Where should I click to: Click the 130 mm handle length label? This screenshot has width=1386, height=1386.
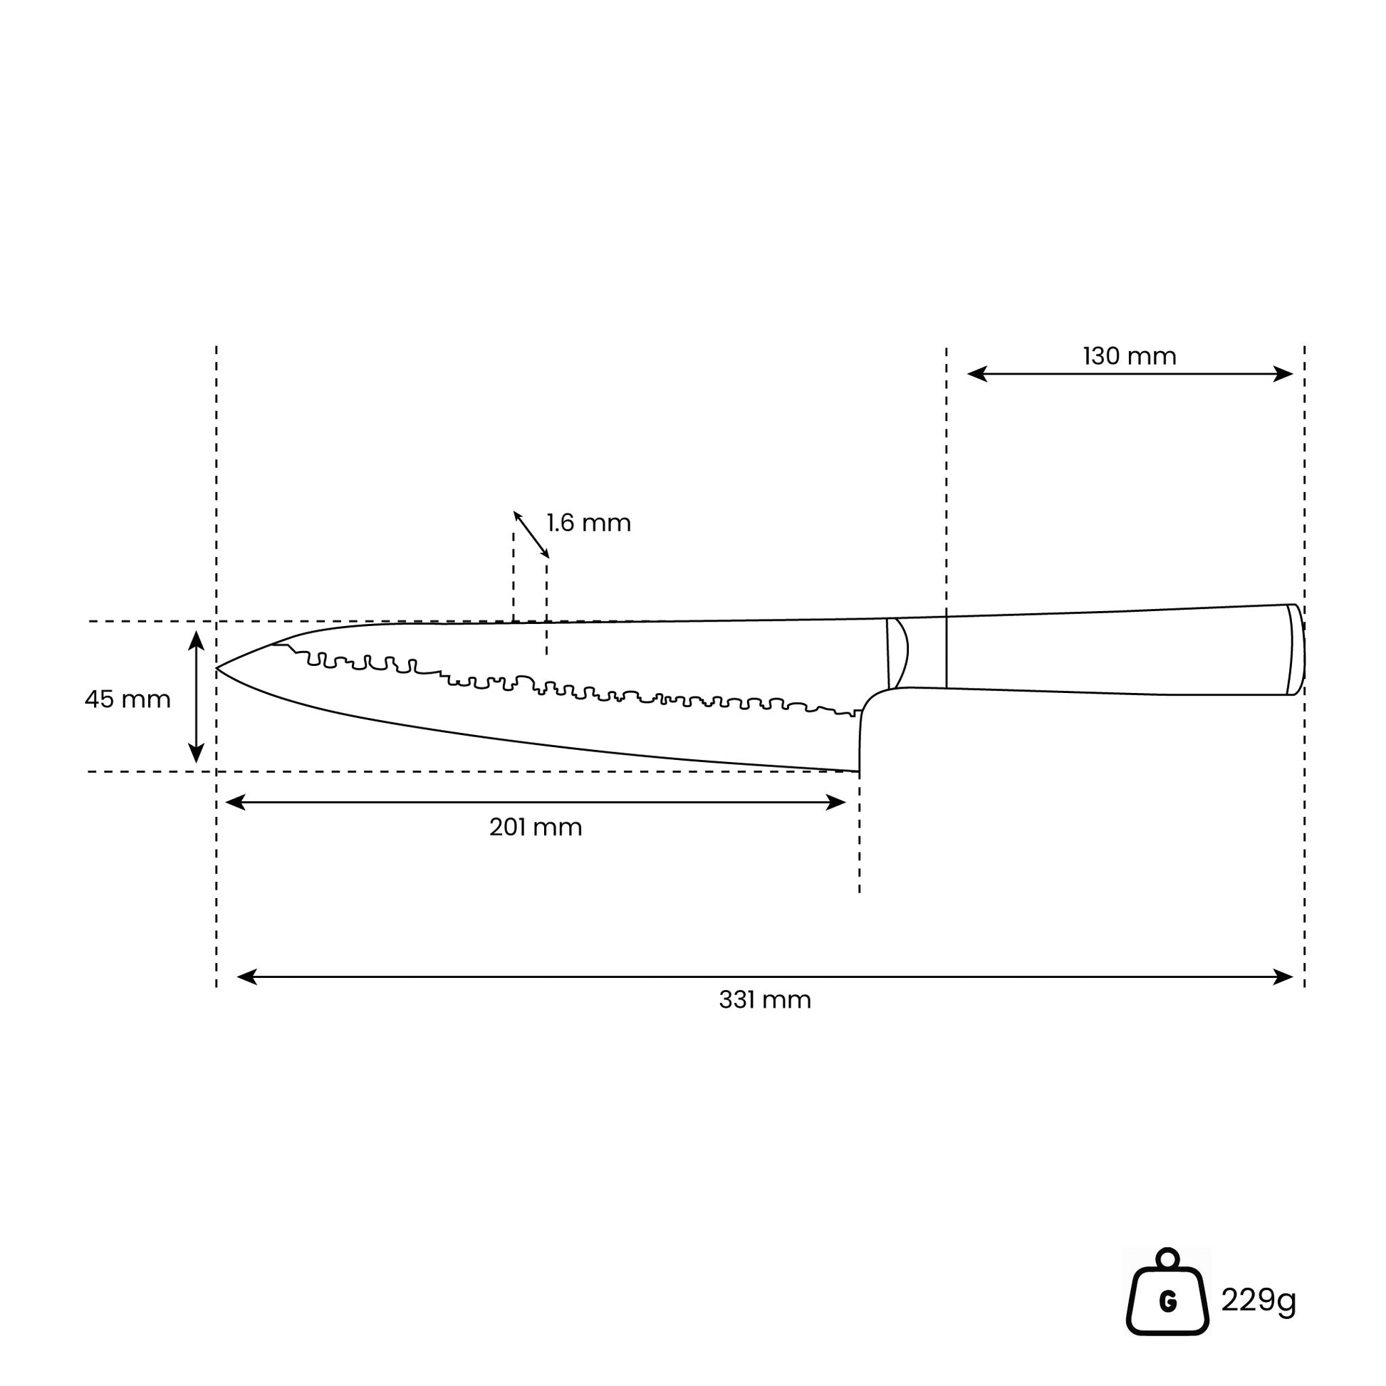1129,357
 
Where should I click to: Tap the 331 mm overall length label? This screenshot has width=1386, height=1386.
765,1000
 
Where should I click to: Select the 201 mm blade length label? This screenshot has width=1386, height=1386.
535,827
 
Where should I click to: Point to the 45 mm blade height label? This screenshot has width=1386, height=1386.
127,699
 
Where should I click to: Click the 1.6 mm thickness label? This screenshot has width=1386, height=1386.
589,522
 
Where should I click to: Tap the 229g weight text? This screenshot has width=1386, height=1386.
1259,1300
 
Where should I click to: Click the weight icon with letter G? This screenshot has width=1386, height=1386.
1168,1293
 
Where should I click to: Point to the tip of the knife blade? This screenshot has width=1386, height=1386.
217,668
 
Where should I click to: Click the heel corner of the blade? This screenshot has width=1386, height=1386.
859,771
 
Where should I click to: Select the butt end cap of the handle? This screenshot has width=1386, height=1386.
1296,650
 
